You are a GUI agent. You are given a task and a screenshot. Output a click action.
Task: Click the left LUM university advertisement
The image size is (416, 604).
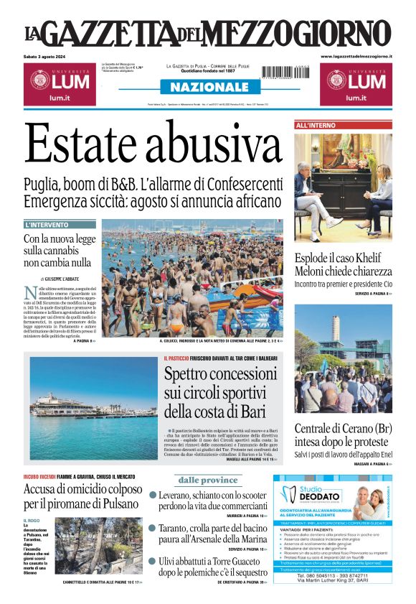tap(58, 83)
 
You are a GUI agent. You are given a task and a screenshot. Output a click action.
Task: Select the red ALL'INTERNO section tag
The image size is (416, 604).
tap(315, 126)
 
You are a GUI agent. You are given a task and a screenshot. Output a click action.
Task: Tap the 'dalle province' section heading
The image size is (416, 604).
tap(209, 480)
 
